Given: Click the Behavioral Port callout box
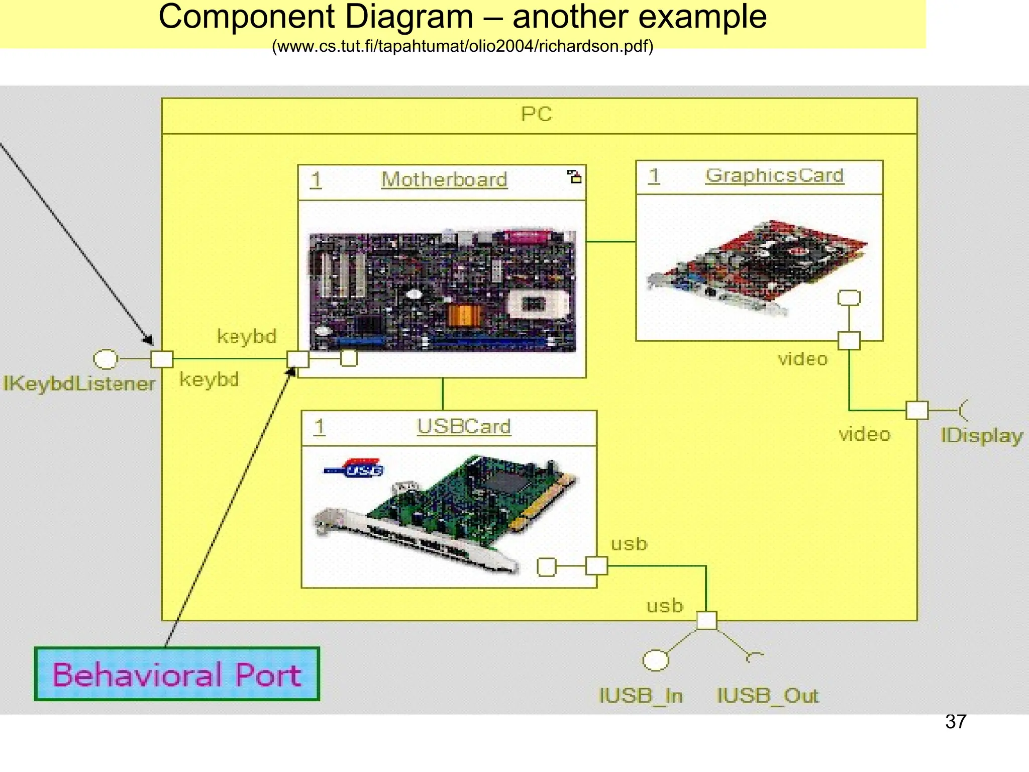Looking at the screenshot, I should tap(176, 674).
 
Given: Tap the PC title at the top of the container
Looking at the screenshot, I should tap(536, 115).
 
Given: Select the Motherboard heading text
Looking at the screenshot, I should tap(444, 180).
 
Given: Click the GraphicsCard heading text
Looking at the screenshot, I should tap(774, 175).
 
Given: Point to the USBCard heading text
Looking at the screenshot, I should tap(463, 427).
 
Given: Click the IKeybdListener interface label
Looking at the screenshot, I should tap(79, 384).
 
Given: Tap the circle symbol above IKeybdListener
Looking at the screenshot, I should tap(106, 359).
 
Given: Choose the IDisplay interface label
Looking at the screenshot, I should tap(981, 435).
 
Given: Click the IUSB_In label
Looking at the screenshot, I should tap(641, 696).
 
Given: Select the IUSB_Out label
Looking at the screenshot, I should tap(767, 696).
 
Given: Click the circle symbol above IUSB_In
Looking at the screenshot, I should tap(656, 660).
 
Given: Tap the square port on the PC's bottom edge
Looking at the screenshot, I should tap(706, 621).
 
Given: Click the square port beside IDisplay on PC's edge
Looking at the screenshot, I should tap(917, 410).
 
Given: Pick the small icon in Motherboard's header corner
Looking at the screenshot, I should tap(574, 176).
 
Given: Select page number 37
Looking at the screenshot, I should tap(955, 722).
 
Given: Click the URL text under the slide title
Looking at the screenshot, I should tap(462, 46).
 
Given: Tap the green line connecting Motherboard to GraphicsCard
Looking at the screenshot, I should tap(610, 242).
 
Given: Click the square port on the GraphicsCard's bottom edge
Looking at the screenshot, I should tap(849, 341).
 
